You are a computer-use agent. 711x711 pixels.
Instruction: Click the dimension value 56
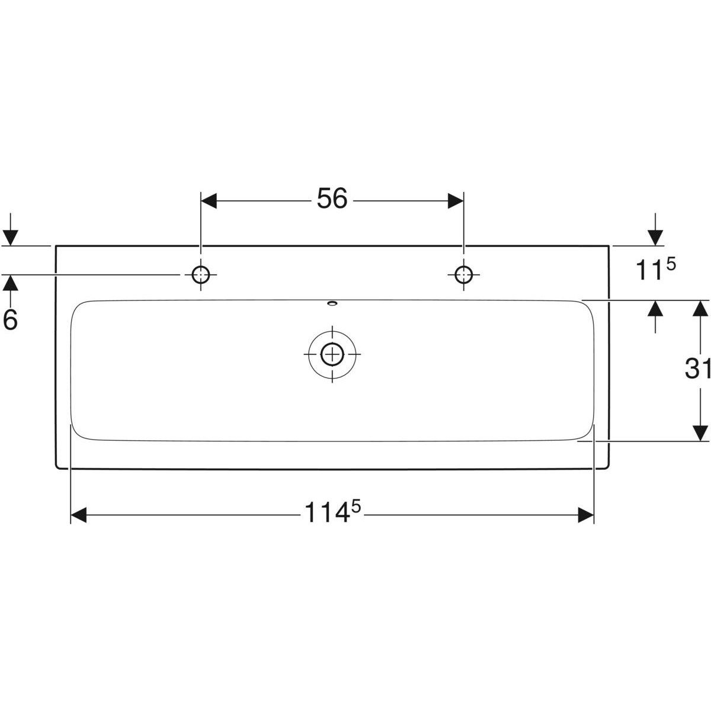pos(331,200)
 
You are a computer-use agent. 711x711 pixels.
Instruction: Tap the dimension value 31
pos(697,370)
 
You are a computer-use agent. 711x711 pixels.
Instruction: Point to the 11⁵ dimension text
pos(655,270)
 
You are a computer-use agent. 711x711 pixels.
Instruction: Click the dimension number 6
pos(11,320)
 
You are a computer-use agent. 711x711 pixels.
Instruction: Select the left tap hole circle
pos(201,274)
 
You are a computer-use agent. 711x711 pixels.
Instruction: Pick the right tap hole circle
pos(463,274)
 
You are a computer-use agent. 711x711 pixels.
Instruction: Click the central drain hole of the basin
pos(332,354)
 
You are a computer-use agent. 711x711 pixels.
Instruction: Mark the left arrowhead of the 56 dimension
pos(209,200)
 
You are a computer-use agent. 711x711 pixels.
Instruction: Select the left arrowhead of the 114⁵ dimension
pos(79,515)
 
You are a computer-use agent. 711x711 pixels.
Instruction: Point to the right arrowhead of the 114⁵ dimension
pos(585,515)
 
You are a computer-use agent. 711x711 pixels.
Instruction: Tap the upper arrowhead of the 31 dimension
pos(700,309)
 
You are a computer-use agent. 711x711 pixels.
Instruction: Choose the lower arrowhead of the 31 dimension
pos(700,433)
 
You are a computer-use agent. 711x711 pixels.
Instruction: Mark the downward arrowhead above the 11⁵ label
pos(655,236)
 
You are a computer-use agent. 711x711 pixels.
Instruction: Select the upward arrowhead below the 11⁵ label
pos(655,309)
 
